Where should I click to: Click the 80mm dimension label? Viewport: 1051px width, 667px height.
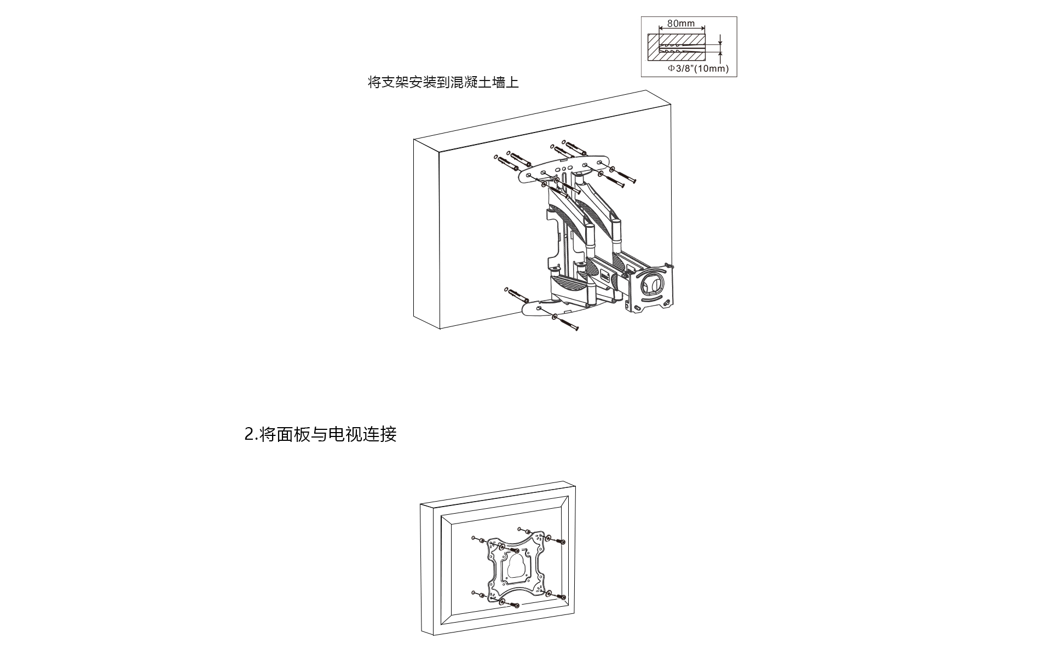coord(681,23)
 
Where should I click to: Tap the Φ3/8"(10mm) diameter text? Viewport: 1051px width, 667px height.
coord(698,68)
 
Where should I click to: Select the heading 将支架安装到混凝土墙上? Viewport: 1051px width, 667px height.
coord(443,82)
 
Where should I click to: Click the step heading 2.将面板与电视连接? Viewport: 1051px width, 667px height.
coord(320,434)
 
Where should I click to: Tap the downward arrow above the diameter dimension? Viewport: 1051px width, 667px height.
coord(720,39)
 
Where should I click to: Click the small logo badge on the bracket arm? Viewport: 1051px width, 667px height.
coord(605,275)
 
